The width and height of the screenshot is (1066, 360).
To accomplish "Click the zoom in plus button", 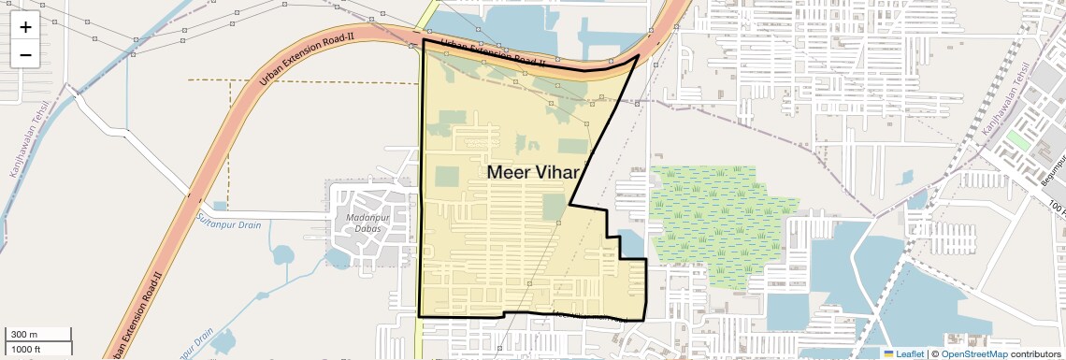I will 25,27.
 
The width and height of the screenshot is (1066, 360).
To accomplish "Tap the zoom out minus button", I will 25,55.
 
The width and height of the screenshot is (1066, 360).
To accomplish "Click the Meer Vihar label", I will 534,172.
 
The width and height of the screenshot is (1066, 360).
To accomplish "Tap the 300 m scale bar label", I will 23,335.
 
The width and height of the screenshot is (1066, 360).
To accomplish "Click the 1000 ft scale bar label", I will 26,349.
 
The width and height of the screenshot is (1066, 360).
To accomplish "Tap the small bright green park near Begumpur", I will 1017,142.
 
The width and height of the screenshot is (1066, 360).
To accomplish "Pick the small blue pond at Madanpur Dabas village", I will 220,205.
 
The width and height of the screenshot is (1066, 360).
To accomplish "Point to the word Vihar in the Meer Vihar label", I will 559,172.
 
